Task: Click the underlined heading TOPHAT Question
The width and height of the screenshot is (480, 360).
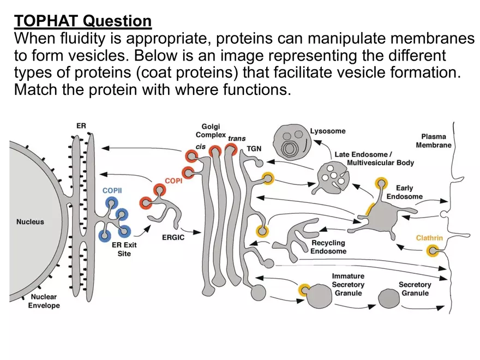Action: pyautogui.click(x=83, y=21)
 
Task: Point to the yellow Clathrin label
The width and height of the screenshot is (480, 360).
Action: pyautogui.click(x=429, y=238)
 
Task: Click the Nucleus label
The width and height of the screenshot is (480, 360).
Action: pyautogui.click(x=30, y=222)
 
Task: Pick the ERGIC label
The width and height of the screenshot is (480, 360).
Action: pyautogui.click(x=173, y=237)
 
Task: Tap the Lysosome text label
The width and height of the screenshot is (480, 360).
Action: pyautogui.click(x=327, y=131)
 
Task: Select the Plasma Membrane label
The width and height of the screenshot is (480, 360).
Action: pyautogui.click(x=434, y=141)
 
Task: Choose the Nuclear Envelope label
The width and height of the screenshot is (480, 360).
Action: pyautogui.click(x=44, y=301)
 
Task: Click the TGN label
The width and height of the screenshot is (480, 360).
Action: pyautogui.click(x=254, y=148)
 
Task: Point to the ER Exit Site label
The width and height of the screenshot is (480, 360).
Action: pyautogui.click(x=124, y=249)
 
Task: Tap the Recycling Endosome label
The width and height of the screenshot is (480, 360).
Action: pyautogui.click(x=328, y=247)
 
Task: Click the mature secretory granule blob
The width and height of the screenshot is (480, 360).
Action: pyautogui.click(x=389, y=299)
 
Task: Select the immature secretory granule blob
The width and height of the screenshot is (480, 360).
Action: pyautogui.click(x=319, y=297)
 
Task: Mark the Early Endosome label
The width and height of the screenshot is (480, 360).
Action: pyautogui.click(x=404, y=192)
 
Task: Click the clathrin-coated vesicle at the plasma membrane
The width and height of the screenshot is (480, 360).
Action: pyautogui.click(x=433, y=251)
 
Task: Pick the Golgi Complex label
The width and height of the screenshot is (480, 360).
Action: pyautogui.click(x=211, y=130)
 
